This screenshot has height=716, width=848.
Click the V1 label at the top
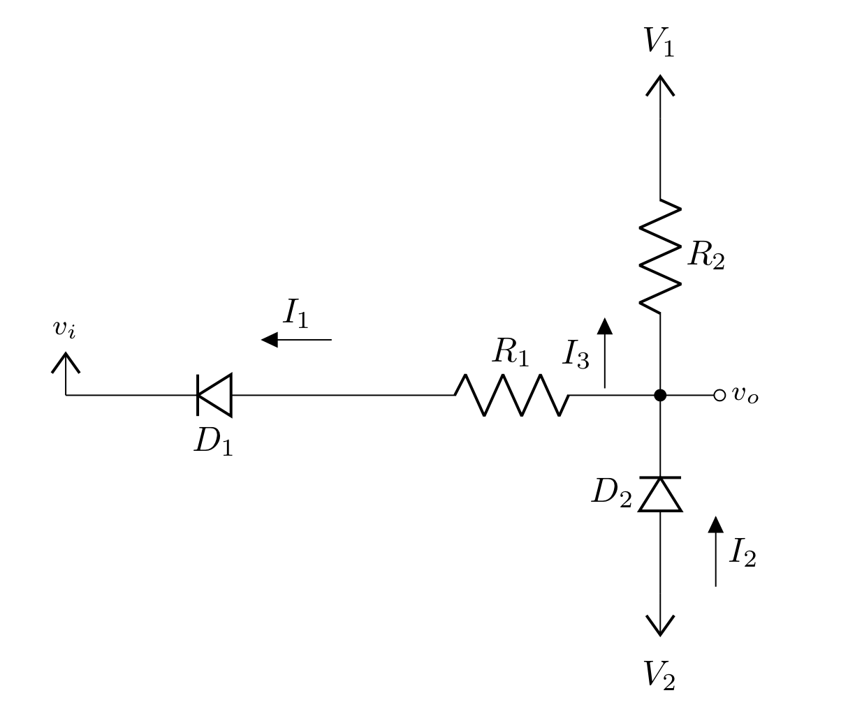click(x=659, y=42)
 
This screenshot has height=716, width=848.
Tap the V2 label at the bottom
click(x=659, y=675)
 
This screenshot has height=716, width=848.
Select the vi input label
click(x=64, y=328)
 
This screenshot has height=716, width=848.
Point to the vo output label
click(x=745, y=395)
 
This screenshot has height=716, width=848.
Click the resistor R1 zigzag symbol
click(x=512, y=395)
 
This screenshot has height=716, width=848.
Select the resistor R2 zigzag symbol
click(x=660, y=255)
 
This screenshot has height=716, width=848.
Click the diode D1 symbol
click(x=214, y=395)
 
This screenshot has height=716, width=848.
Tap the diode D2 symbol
click(x=660, y=494)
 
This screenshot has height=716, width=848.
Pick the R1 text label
click(x=511, y=352)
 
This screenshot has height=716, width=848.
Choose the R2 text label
click(x=706, y=255)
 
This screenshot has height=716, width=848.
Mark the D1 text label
click(x=213, y=441)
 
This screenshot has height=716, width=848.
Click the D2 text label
click(x=611, y=493)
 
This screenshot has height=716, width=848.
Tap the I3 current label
click(x=576, y=354)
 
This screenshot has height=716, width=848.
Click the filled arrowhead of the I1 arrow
click(x=270, y=340)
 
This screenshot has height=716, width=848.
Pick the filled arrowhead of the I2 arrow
click(x=715, y=525)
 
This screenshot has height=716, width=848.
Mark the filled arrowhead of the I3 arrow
click(x=605, y=326)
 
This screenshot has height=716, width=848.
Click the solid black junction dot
click(x=660, y=395)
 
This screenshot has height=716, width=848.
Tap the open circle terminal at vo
click(x=719, y=395)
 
